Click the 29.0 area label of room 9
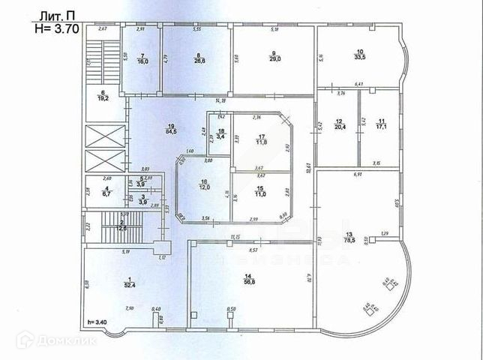coord(273,58)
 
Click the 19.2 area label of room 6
coord(103,97)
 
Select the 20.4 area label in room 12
coord(339,127)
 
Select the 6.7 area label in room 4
coord(107,193)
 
